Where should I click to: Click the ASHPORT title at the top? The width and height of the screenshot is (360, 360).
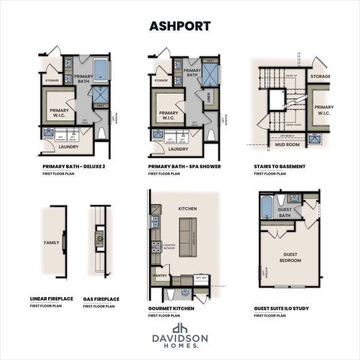pos(179,27)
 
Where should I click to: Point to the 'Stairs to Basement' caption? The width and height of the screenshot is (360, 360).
pos(280,166)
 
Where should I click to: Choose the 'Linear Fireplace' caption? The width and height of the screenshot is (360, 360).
pos(52,299)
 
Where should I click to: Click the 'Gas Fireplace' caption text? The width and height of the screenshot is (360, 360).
pos(101,299)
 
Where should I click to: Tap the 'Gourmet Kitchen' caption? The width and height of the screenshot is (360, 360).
pos(172,307)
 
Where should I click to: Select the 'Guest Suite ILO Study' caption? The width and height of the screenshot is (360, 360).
pos(281,307)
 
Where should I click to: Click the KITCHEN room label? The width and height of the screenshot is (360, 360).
pos(187,209)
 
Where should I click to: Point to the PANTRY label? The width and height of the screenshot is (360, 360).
pos(160,276)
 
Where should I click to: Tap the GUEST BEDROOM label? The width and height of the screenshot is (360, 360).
pos(290,257)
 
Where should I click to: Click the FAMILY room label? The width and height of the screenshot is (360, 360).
pos(52,243)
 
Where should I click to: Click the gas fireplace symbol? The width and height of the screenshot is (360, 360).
pos(100,238)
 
